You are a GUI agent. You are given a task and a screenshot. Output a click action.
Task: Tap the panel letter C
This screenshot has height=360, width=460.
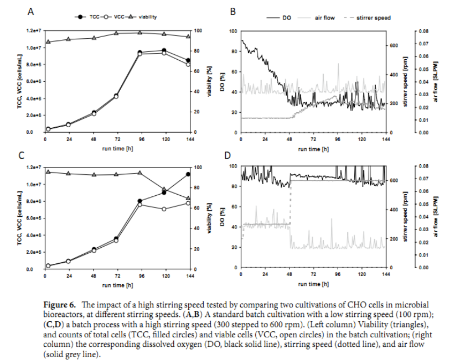pos(22,155)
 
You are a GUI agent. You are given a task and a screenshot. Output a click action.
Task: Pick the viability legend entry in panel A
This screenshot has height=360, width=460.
pos(146,17)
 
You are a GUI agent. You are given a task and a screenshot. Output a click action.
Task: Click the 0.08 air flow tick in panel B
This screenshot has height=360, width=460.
pos(423,31)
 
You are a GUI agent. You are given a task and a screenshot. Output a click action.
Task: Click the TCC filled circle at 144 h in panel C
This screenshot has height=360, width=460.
pos(189,174)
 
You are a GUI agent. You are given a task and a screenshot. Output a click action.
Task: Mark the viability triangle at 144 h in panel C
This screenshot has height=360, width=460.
pos(189,198)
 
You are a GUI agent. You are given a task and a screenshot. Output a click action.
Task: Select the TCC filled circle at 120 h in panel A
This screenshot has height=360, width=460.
pos(164,50)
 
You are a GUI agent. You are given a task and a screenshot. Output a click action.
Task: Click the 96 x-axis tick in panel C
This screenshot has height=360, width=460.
pos(141,275)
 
